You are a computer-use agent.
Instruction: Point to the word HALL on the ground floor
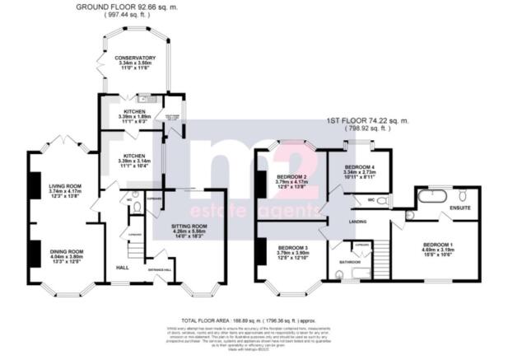pyautogui.click(x=122, y=268)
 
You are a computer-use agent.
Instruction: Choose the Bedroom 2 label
pyautogui.click(x=291, y=177)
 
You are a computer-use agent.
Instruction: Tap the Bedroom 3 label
pyautogui.click(x=291, y=248)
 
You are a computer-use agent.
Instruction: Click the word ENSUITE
pyautogui.click(x=459, y=218)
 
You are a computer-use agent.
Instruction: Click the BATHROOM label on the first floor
pyautogui.click(x=347, y=263)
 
